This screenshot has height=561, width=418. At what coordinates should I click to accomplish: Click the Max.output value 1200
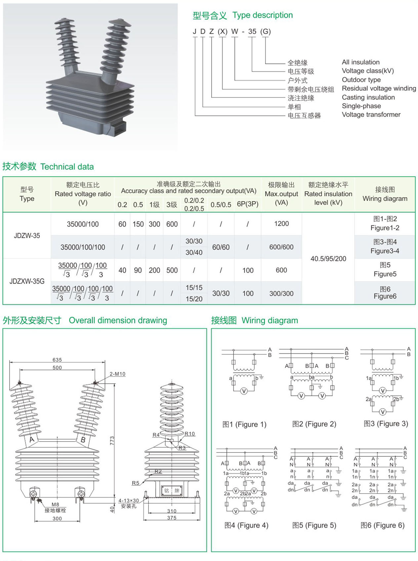(x=281, y=224)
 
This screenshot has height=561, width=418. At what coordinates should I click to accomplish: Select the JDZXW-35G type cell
(x=27, y=281)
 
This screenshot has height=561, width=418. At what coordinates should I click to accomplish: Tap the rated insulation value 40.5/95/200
(x=328, y=259)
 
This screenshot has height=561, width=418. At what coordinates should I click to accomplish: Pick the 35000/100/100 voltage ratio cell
(x=83, y=247)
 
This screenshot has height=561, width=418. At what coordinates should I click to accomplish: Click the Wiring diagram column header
(x=385, y=194)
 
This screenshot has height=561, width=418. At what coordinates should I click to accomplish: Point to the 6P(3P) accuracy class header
(x=247, y=204)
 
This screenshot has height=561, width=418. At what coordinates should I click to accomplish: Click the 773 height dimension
(x=112, y=440)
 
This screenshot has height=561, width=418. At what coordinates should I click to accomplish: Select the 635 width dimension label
(x=57, y=360)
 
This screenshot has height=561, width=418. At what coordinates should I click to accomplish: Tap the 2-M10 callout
(x=117, y=374)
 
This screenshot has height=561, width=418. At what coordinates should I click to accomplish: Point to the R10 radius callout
(x=189, y=434)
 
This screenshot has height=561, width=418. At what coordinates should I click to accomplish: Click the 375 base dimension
(x=172, y=518)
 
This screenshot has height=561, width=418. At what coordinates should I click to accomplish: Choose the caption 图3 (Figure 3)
(x=386, y=424)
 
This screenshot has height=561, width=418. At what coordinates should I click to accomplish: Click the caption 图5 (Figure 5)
(x=314, y=525)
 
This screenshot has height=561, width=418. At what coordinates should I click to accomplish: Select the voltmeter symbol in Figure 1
(x=244, y=391)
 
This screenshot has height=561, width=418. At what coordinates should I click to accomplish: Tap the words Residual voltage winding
(x=379, y=88)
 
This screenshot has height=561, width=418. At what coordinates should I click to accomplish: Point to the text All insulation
(x=360, y=62)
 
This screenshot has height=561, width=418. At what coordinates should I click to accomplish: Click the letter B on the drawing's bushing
(x=83, y=440)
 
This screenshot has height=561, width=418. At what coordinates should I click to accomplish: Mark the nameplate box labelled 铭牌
(x=172, y=491)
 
